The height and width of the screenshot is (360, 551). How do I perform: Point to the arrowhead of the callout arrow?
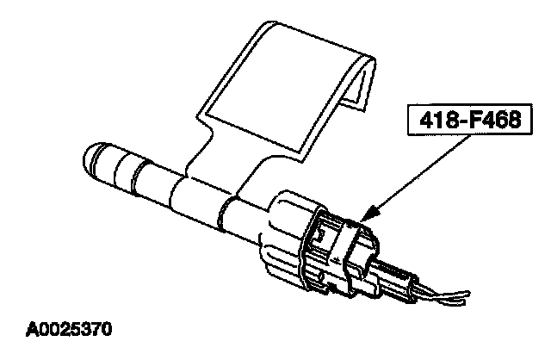coord(365,215)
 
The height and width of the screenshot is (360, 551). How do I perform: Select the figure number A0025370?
coord(68,328)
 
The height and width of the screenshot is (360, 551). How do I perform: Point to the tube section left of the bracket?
coord(138,172)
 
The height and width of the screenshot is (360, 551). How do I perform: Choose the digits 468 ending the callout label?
coord(499,122)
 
